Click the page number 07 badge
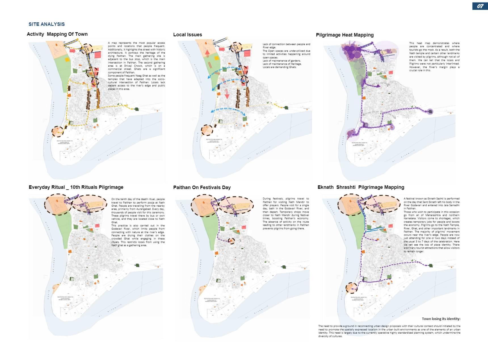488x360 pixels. [480, 6]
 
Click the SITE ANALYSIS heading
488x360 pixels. [47, 24]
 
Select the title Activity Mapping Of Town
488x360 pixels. [57, 34]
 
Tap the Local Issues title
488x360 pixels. [188, 35]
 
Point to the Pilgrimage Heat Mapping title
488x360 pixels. [345, 35]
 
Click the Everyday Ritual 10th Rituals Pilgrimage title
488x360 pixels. [76, 187]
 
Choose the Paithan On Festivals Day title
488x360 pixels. [202, 188]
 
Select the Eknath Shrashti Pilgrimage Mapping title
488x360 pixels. [361, 187]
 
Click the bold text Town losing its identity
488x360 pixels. [441, 319]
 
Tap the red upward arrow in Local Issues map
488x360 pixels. [207, 54]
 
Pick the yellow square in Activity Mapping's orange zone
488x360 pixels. [67, 60]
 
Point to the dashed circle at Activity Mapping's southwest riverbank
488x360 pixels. [58, 131]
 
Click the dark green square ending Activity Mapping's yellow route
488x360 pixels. [137, 109]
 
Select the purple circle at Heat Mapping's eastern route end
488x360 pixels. [430, 111]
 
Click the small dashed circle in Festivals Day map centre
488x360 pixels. [232, 241]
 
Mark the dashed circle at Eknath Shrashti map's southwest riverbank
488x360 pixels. [352, 288]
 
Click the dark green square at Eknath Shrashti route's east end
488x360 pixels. [431, 266]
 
